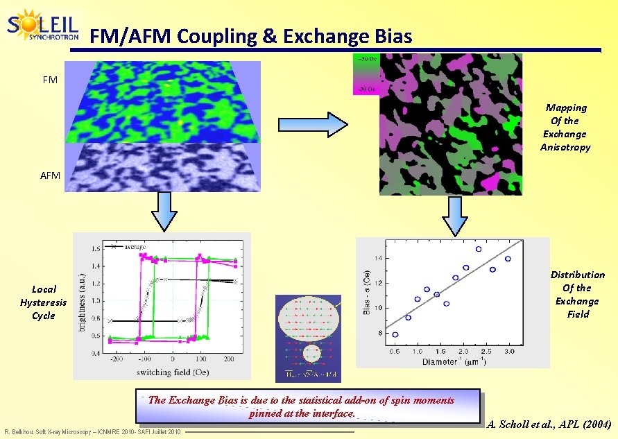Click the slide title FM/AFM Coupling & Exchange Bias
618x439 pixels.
coord(251,35)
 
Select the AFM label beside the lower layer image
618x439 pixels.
coord(50,175)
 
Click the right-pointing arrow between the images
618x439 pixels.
coord(327,125)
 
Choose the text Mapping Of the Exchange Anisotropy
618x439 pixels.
coord(565,127)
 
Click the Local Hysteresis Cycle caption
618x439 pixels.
coord(44,302)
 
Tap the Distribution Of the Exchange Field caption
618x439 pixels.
coord(577,294)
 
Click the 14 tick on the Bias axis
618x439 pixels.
coord(378,258)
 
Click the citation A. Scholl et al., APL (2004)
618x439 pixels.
coord(549,424)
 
